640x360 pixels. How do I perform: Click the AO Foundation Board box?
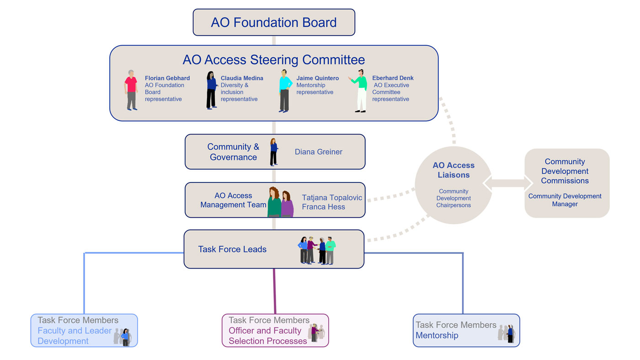point(274,22)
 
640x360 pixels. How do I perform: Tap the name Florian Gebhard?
point(167,78)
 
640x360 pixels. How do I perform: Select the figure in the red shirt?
point(131,90)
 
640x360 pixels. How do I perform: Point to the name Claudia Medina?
point(242,78)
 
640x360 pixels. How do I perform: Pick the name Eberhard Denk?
point(393,78)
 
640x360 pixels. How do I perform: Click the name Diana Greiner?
point(318,152)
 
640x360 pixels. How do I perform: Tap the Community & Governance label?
point(233,152)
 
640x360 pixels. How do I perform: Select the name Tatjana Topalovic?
point(332,198)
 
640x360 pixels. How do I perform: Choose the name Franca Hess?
point(323,207)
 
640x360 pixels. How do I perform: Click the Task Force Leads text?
point(232,249)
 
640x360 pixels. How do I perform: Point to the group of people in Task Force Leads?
point(317,250)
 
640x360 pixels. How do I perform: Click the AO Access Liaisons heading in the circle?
point(453,170)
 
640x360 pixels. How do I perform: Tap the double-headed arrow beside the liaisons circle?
point(508,183)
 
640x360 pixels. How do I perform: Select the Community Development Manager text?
point(565,200)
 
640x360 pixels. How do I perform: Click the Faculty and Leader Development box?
point(84,330)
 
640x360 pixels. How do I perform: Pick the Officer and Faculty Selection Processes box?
point(275,330)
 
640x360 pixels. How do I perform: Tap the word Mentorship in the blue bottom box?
point(437,335)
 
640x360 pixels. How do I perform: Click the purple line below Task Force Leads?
point(275,290)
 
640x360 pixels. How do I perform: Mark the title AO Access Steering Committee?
point(274,60)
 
